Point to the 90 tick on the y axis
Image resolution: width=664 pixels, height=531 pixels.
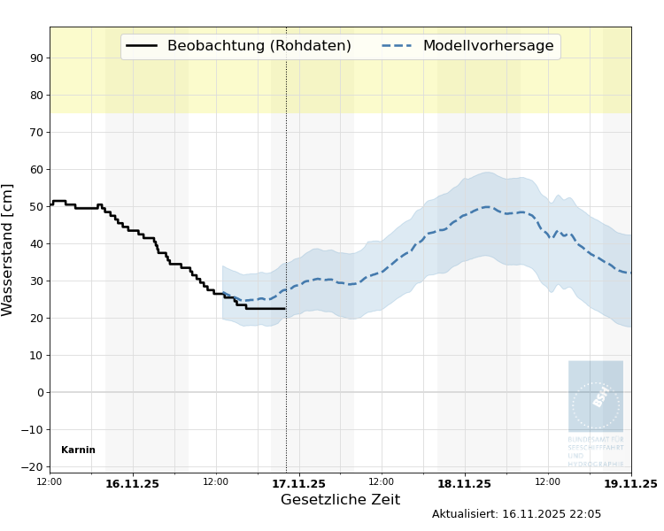pos(37,58)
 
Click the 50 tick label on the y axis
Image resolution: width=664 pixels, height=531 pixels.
pos(37,207)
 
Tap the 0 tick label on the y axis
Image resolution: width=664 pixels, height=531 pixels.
pos(40,393)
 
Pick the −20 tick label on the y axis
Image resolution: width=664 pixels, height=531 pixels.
pos(34,467)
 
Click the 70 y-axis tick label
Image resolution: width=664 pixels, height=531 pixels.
pos(37,133)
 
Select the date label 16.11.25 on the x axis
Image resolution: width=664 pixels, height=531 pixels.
pos(132,484)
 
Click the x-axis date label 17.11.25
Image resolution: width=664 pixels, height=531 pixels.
pos(298,484)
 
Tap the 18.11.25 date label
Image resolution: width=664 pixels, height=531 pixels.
pos(464,484)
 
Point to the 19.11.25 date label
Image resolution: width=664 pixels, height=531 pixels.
pos(630,484)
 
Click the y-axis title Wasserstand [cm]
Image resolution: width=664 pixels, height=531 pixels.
pos(9,250)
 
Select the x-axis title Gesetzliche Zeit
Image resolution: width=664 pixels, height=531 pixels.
pos(340,500)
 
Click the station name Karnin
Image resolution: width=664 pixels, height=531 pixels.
pos(78,450)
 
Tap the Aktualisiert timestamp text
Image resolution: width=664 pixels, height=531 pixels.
pos(516,514)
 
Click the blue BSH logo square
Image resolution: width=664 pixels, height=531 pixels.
pos(596,396)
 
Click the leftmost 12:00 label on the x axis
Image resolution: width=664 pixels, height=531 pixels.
pos(50,482)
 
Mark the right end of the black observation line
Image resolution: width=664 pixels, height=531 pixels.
pos(284,308)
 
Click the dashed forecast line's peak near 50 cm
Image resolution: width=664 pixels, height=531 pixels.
pos(486,207)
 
